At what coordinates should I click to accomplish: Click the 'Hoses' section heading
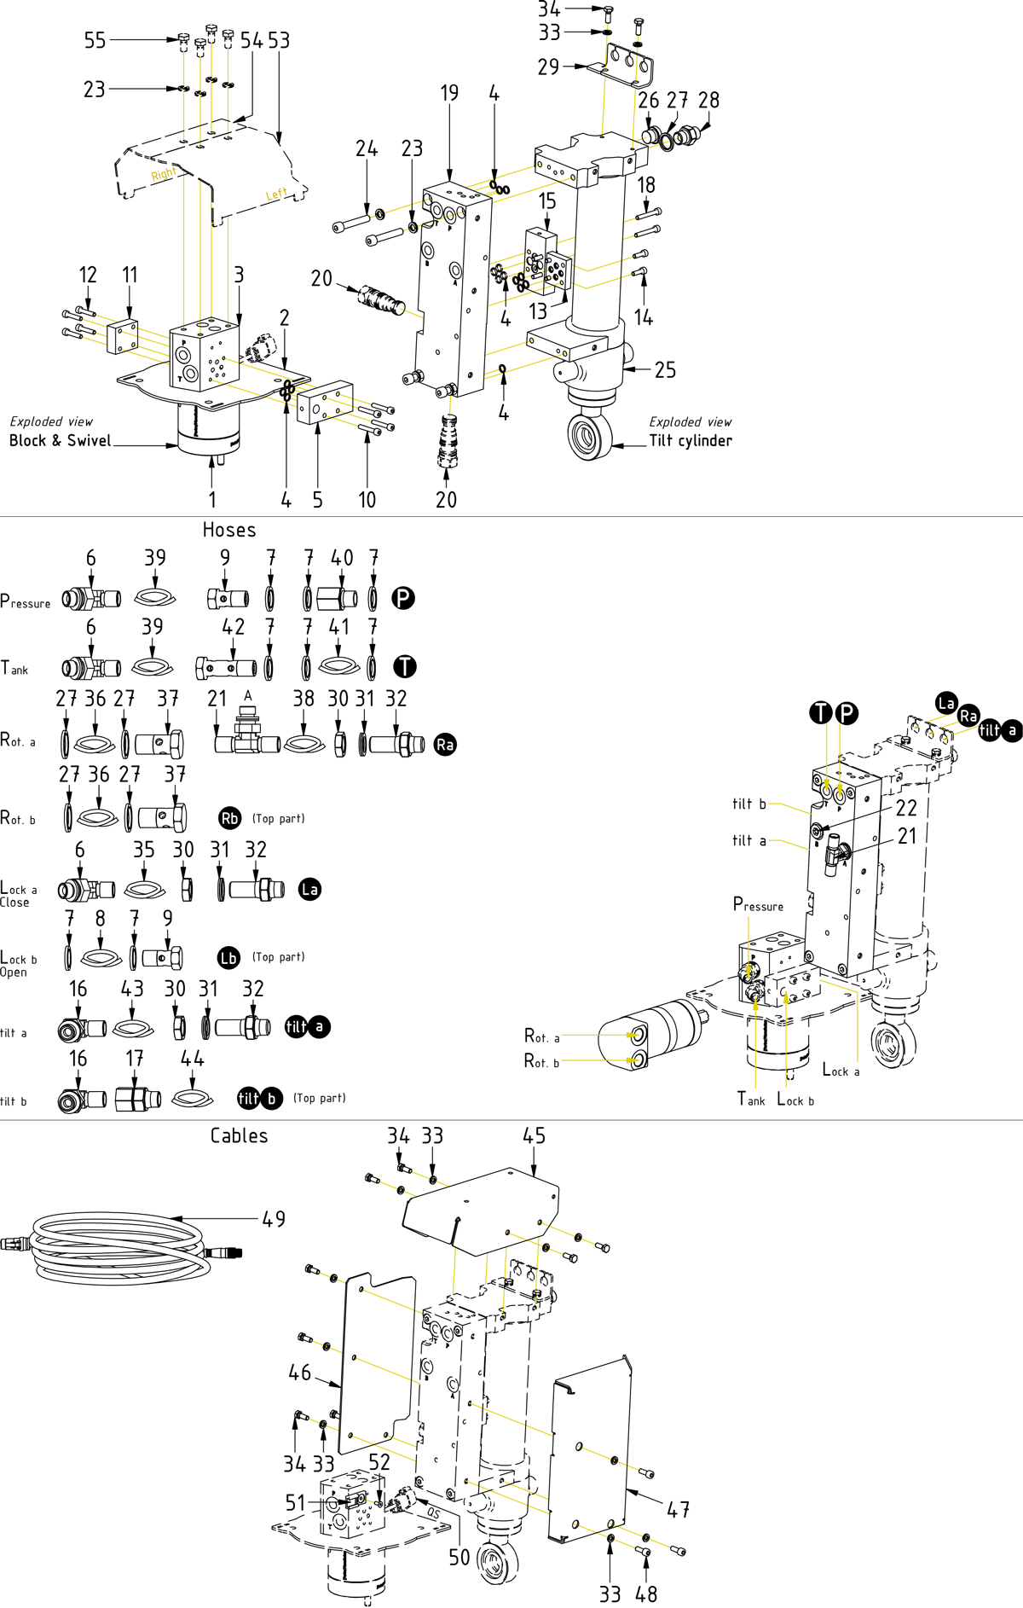tap(229, 530)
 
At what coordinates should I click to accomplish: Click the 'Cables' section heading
tap(239, 1135)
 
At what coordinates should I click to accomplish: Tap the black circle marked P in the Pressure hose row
tap(403, 597)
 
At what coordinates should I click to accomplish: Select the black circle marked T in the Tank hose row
tap(404, 666)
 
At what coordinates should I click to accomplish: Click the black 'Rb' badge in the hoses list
tap(229, 818)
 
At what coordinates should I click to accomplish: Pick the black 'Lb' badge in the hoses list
tap(228, 957)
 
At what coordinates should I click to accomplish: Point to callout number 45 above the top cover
tap(534, 1135)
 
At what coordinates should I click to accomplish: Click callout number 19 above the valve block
tap(449, 93)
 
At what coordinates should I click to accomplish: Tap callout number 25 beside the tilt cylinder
tap(665, 369)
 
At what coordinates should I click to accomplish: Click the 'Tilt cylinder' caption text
tap(691, 440)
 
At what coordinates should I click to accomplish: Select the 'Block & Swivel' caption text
tap(60, 440)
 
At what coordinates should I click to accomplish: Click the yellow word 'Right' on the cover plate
tap(164, 174)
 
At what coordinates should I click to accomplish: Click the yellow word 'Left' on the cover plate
tap(276, 194)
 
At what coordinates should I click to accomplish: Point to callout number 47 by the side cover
tap(678, 1509)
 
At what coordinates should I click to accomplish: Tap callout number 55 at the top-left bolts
tap(95, 40)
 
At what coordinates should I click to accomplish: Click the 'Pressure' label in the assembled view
tap(758, 904)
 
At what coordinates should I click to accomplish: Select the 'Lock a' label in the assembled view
tap(841, 1070)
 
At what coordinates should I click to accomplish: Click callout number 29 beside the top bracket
tap(548, 67)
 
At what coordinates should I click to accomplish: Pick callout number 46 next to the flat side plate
tap(299, 1372)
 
